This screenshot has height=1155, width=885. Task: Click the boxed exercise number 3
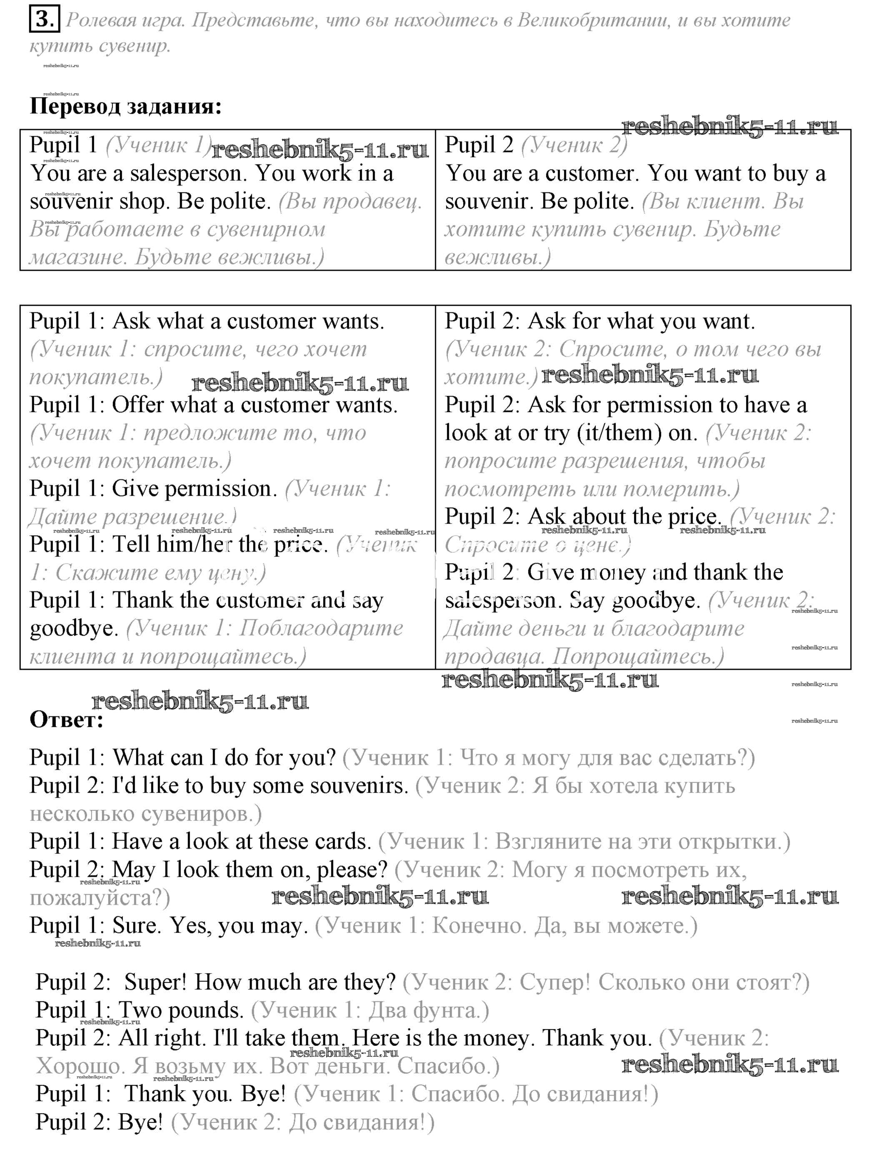[x=44, y=20]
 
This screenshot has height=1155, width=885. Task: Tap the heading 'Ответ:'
[x=66, y=719]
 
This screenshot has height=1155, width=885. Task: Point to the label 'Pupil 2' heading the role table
[x=478, y=145]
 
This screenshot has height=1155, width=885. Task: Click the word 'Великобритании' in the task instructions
[x=594, y=20]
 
